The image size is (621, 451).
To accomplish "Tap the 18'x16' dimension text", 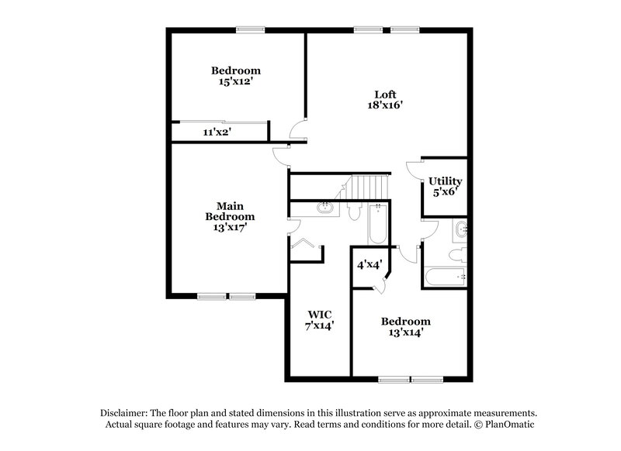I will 386,106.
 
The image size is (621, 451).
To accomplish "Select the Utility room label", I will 445,181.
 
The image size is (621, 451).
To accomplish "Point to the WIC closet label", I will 320,314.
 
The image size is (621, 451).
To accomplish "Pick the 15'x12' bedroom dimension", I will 235,81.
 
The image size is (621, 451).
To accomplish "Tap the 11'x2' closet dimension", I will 217,133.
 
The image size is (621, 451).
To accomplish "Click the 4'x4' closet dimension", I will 369,265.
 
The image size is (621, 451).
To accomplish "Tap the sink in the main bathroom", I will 326,208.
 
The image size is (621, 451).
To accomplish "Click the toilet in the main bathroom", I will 355,212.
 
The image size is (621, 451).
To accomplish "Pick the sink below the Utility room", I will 460,229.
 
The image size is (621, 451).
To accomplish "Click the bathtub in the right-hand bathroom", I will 445,277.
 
